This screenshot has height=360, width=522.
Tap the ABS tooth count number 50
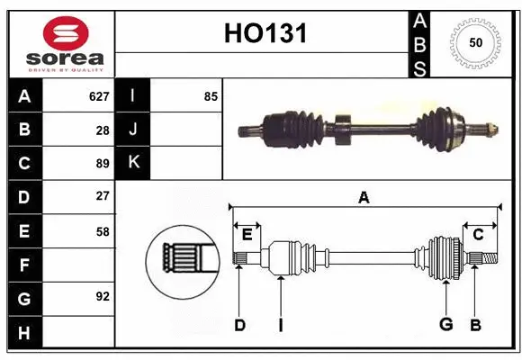(x=473, y=43)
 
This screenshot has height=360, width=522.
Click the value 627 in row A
(x=98, y=95)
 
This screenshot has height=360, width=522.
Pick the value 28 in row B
(x=102, y=130)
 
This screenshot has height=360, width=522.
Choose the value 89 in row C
(x=102, y=164)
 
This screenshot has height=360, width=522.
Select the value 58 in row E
(x=102, y=231)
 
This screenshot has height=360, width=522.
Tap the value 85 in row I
(x=211, y=95)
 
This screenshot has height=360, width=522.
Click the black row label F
(x=24, y=265)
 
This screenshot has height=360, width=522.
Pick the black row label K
(x=133, y=163)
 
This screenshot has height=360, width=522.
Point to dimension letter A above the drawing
(x=364, y=197)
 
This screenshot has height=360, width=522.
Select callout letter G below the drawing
(x=445, y=325)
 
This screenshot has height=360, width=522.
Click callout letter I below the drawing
(x=280, y=325)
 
